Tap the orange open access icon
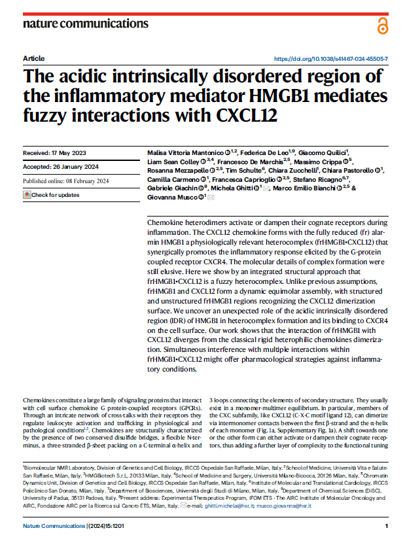pos(383,26)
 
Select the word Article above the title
pos(33,58)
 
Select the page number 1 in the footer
pos(387,526)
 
